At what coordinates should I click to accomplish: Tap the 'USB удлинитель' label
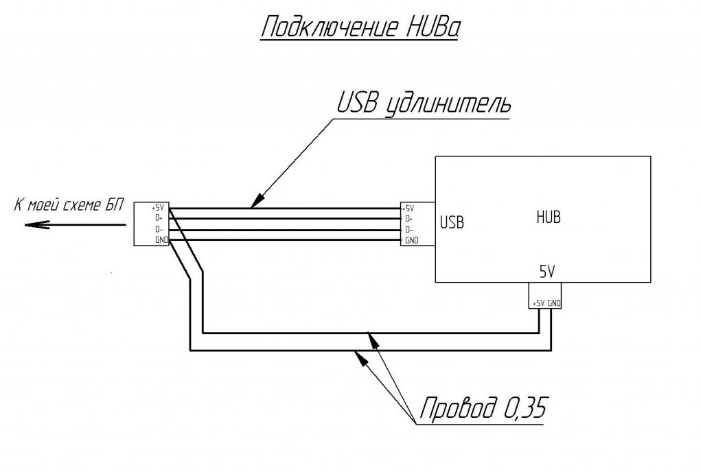(x=424, y=104)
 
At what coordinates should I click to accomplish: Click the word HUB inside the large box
(x=548, y=217)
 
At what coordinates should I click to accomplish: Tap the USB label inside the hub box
(x=452, y=222)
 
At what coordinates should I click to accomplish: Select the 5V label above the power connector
(x=546, y=272)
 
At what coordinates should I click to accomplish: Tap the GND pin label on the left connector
(x=161, y=239)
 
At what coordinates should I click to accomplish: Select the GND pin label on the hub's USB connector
(x=411, y=240)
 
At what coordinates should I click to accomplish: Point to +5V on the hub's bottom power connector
(x=538, y=303)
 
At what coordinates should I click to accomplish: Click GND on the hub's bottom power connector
(x=555, y=303)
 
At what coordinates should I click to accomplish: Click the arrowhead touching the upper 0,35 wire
(x=371, y=338)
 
